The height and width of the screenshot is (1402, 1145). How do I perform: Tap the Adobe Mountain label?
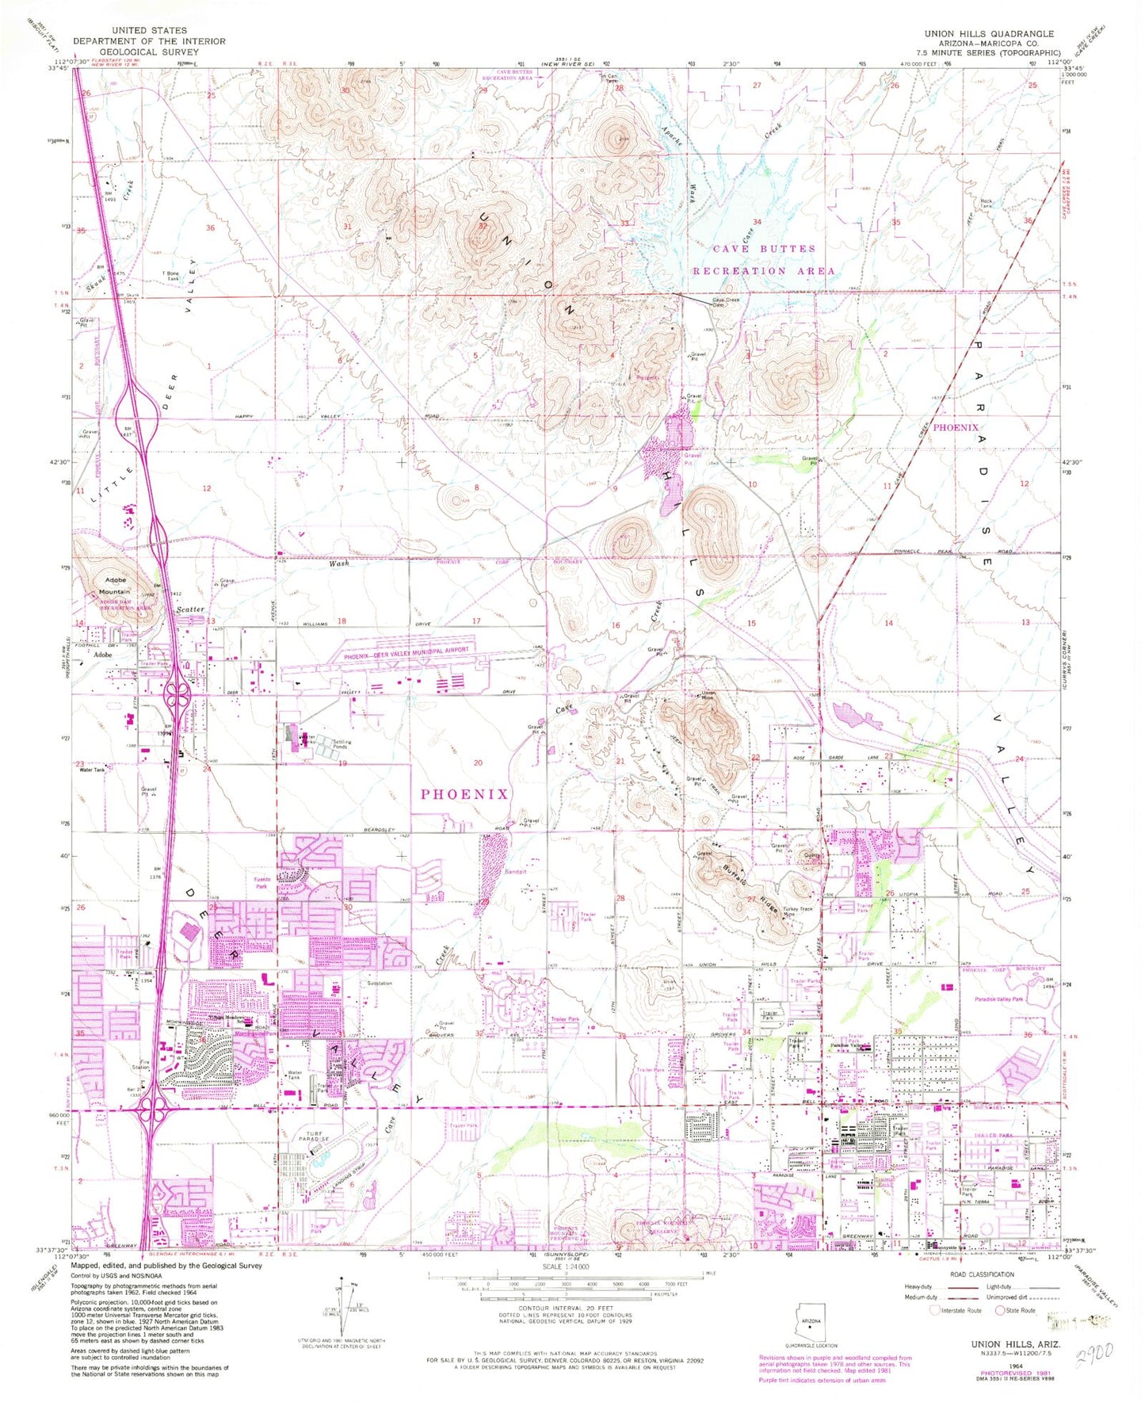(x=116, y=585)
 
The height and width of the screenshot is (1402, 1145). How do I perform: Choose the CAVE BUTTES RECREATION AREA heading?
(x=763, y=259)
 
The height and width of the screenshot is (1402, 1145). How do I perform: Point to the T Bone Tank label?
(x=170, y=276)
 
